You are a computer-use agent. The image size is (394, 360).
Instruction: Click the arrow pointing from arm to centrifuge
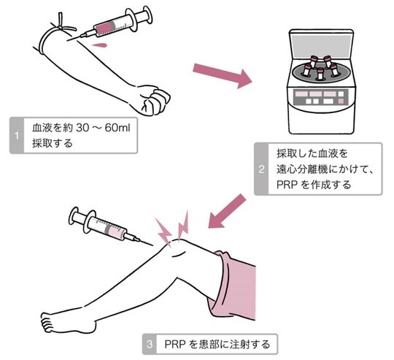(218, 74)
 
